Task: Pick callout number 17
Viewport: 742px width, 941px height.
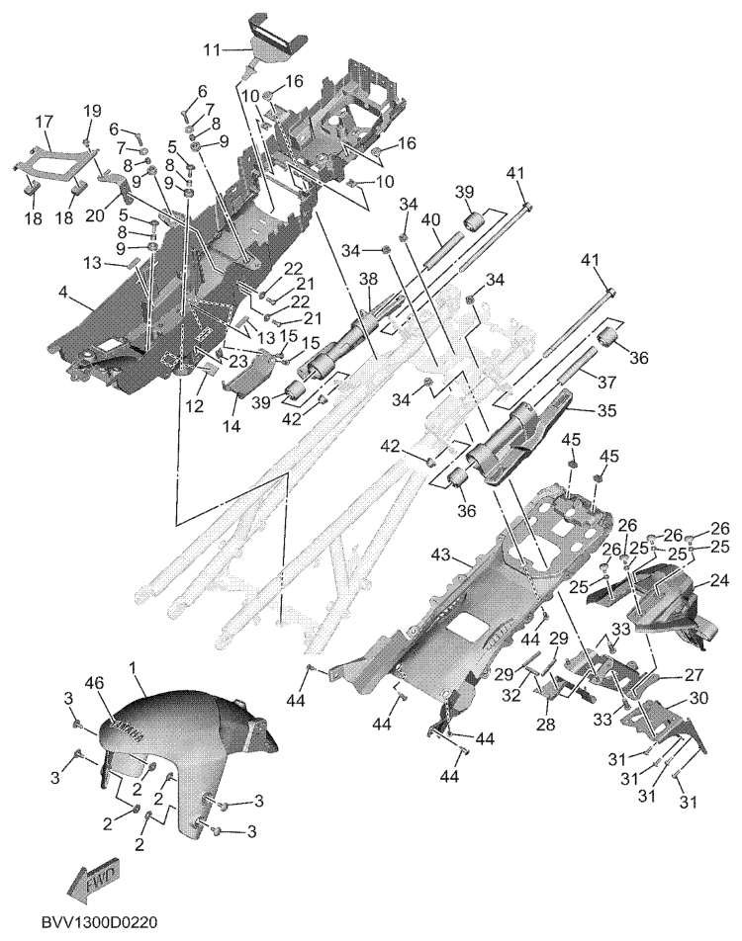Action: point(45,122)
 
